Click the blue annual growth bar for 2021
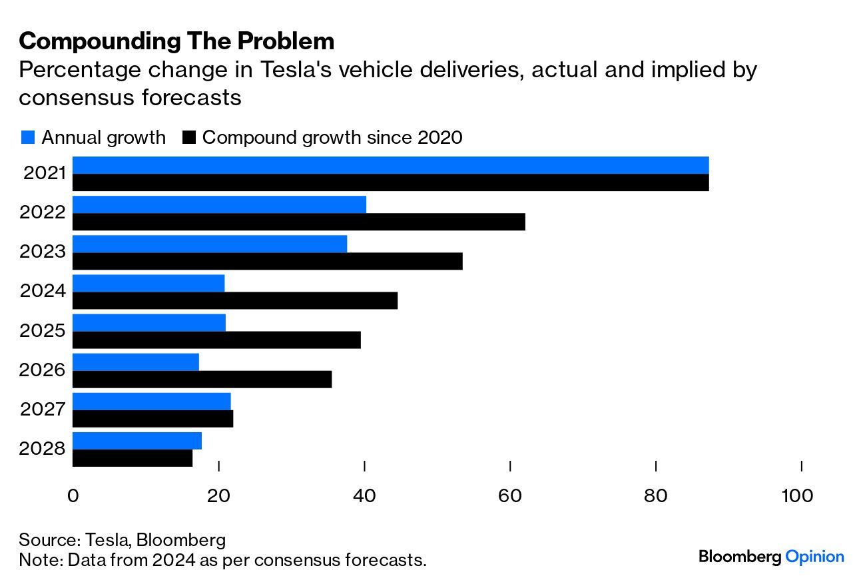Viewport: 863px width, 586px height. click(390, 165)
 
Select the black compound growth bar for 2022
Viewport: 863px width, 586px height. click(298, 222)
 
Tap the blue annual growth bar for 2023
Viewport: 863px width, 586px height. click(209, 244)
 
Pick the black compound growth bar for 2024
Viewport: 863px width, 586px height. click(234, 300)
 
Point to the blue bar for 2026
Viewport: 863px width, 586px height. click(135, 362)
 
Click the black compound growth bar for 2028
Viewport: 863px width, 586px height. click(132, 458)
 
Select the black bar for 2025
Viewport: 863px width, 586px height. click(216, 340)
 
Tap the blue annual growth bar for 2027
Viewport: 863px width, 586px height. click(151, 401)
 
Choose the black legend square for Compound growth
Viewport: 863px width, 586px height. click(189, 138)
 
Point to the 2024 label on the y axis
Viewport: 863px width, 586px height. click(43, 291)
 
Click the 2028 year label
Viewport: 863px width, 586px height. click(43, 448)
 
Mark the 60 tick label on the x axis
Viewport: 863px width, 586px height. click(510, 496)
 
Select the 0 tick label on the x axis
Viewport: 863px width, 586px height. click(73, 496)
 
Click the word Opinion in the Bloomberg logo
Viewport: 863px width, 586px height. click(814, 557)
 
